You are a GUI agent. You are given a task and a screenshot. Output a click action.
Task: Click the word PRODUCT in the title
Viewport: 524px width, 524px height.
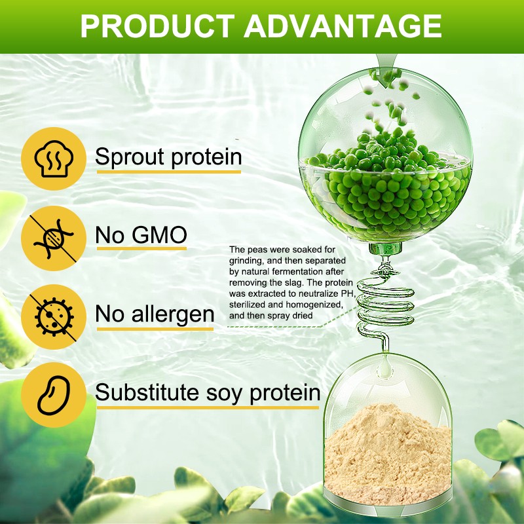157,26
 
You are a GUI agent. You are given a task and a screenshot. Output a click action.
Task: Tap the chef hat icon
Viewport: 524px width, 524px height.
53,157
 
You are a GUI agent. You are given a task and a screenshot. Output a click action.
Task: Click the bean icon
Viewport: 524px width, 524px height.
53,394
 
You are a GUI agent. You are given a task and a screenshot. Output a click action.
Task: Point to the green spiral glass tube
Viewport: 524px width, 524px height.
383,298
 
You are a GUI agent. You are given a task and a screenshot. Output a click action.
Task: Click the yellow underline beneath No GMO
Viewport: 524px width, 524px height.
141,249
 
